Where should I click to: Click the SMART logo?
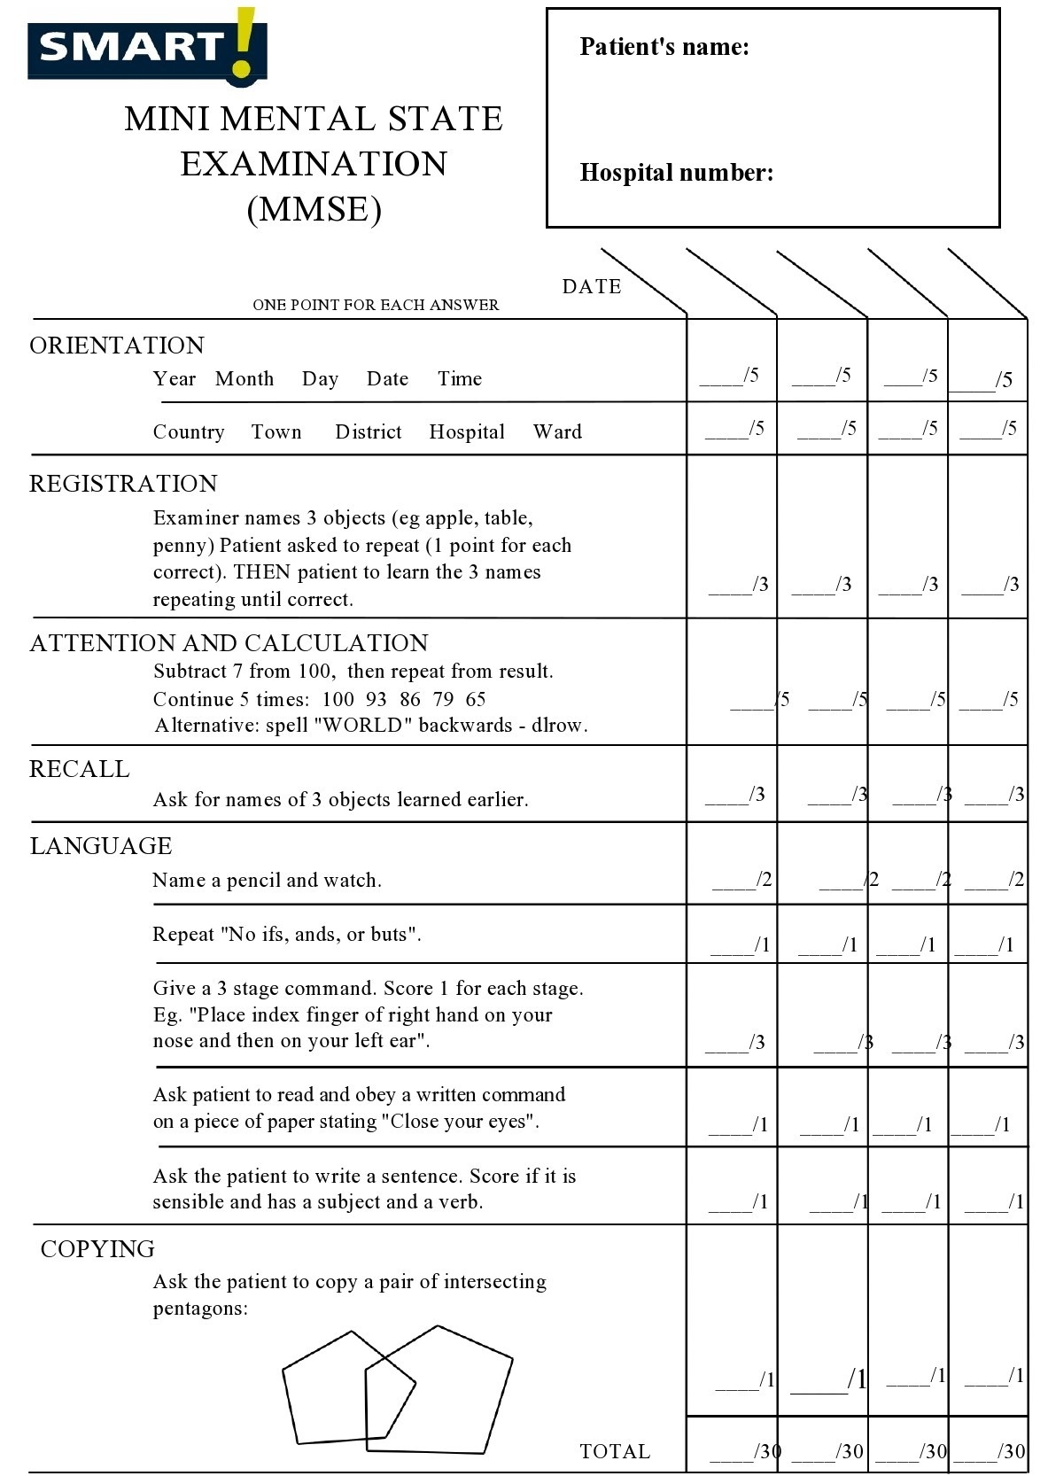(146, 46)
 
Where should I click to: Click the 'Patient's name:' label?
(664, 47)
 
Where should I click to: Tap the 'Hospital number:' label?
(676, 172)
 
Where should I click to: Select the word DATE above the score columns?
(591, 286)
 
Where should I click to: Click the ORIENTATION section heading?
(117, 345)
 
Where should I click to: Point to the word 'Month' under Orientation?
(245, 379)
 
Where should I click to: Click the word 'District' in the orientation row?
(368, 432)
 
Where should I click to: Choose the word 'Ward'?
(557, 432)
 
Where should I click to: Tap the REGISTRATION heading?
(123, 483)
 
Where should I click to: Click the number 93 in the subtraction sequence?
(376, 699)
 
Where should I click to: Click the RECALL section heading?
(80, 768)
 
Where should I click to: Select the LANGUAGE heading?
(101, 845)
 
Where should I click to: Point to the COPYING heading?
(97, 1248)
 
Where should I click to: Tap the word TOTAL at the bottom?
(615, 1451)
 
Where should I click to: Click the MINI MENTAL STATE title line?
(314, 119)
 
